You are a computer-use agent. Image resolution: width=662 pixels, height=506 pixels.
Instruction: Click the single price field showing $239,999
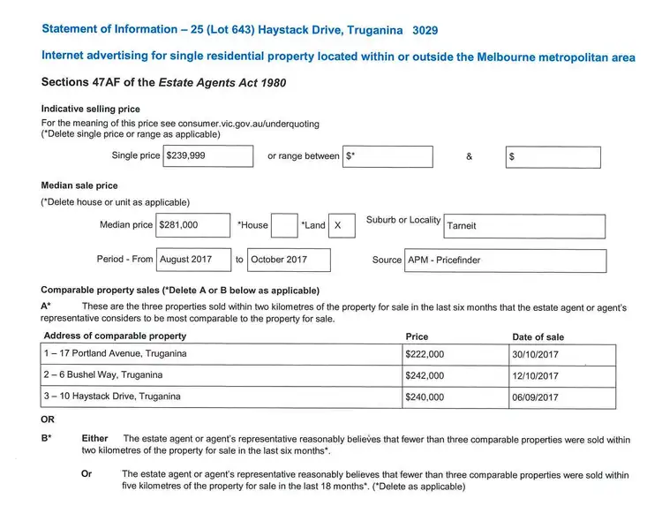[x=208, y=155]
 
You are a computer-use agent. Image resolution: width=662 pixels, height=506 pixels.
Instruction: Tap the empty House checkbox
[x=284, y=225]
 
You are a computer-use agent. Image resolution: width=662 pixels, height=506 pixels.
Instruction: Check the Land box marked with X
[x=341, y=225]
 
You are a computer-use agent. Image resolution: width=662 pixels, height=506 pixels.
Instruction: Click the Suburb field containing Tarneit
[x=524, y=226]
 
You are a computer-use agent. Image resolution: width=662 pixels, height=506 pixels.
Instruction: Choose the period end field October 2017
[x=288, y=260]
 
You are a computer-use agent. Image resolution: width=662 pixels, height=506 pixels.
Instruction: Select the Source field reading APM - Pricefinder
[x=506, y=261]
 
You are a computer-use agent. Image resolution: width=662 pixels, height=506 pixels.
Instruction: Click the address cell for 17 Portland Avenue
[x=221, y=354]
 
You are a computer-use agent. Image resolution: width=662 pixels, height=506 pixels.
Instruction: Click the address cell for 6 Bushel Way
[x=221, y=375]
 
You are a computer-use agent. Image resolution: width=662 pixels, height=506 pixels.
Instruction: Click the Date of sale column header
[x=538, y=336]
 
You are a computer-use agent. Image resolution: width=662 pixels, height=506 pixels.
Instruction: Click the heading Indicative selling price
[x=91, y=109]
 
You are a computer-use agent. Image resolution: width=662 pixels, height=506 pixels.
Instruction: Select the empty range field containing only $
[x=553, y=157]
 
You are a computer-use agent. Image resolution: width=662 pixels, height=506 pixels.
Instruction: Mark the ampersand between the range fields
[x=469, y=156]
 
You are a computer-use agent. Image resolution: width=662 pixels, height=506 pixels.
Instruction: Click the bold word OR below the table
[x=48, y=419]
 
